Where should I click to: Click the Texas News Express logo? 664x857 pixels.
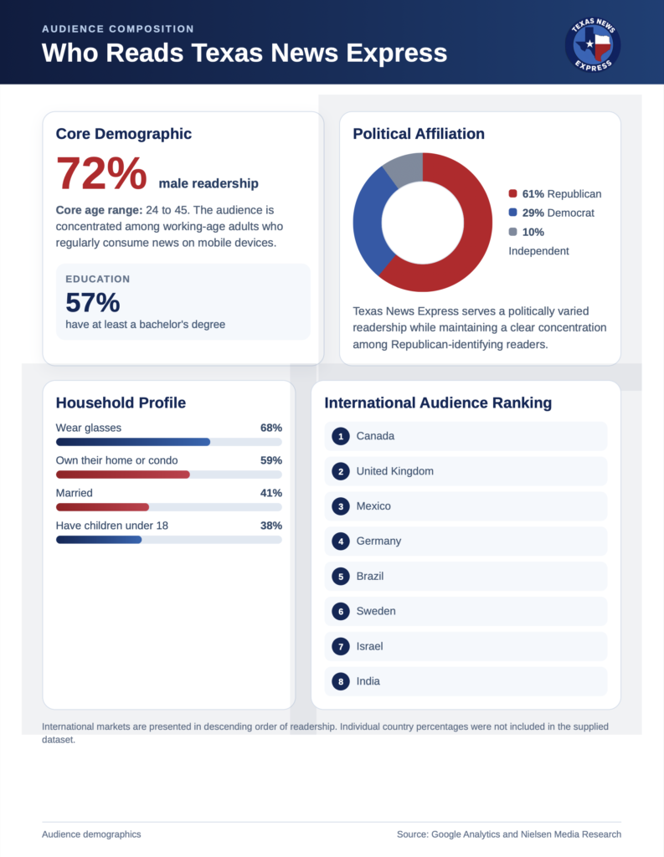pos(593,45)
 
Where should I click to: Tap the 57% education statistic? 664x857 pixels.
pos(92,302)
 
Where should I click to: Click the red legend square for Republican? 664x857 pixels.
pos(512,193)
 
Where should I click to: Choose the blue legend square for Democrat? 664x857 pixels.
pos(512,213)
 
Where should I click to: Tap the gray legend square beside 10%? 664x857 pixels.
pos(512,232)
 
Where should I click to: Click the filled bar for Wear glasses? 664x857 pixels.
pos(133,442)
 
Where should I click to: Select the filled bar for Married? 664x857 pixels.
pos(102,507)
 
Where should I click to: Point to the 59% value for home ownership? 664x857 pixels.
pos(271,460)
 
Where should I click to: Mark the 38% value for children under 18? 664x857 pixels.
pos(271,526)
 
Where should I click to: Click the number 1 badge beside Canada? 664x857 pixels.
pos(341,436)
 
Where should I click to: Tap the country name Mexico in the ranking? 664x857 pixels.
pos(373,506)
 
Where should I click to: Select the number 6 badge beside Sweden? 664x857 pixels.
pos(341,611)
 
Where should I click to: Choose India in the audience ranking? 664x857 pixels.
pos(368,681)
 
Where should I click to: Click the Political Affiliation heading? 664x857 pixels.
pos(419,134)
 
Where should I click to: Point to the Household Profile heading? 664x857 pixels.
pos(121,403)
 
